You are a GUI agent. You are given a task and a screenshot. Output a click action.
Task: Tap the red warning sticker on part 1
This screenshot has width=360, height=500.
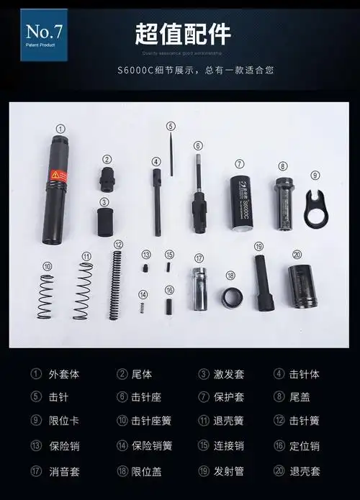[58, 175]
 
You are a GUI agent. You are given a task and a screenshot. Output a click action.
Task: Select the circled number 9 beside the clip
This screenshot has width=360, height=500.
[314, 175]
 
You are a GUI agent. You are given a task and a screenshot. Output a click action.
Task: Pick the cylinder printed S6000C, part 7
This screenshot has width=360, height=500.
[242, 204]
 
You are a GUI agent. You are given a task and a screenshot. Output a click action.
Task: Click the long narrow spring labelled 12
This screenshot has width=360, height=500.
[115, 285]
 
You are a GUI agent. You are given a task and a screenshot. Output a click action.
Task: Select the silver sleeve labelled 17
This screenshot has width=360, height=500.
[199, 288]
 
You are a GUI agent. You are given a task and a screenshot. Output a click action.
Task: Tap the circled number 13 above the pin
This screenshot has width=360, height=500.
[145, 255]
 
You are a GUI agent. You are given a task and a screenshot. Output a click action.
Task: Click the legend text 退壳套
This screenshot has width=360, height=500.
[310, 471]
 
